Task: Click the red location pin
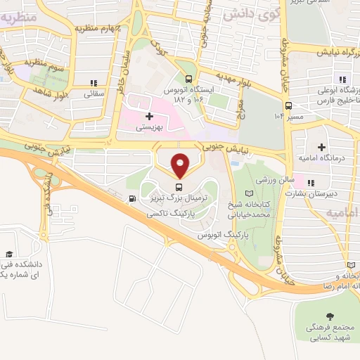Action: coord(180,165)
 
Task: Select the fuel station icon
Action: coord(132,199)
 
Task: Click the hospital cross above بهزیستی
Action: coord(148,116)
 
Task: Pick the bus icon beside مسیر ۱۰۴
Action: coord(290,117)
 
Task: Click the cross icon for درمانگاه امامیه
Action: coord(321,148)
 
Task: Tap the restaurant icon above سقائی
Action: coord(94,82)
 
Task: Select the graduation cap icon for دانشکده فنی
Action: coord(9,254)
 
